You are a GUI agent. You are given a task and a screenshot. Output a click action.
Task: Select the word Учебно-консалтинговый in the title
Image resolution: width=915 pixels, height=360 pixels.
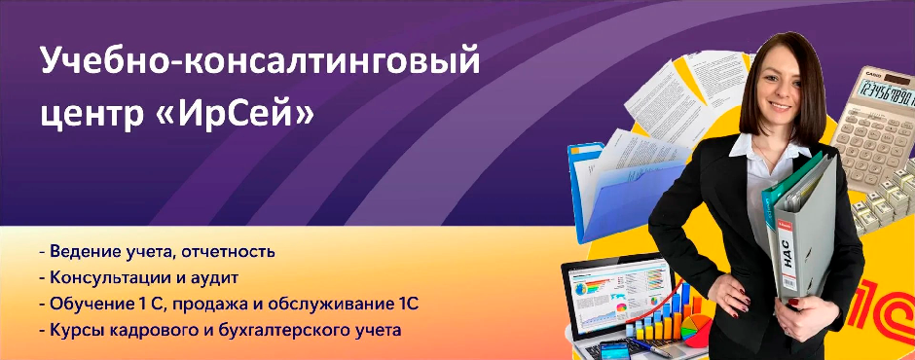260,62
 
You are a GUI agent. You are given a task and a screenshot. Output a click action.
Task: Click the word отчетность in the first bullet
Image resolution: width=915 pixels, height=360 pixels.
228,252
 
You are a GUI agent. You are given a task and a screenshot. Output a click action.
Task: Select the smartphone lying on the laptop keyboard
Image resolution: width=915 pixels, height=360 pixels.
614,351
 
